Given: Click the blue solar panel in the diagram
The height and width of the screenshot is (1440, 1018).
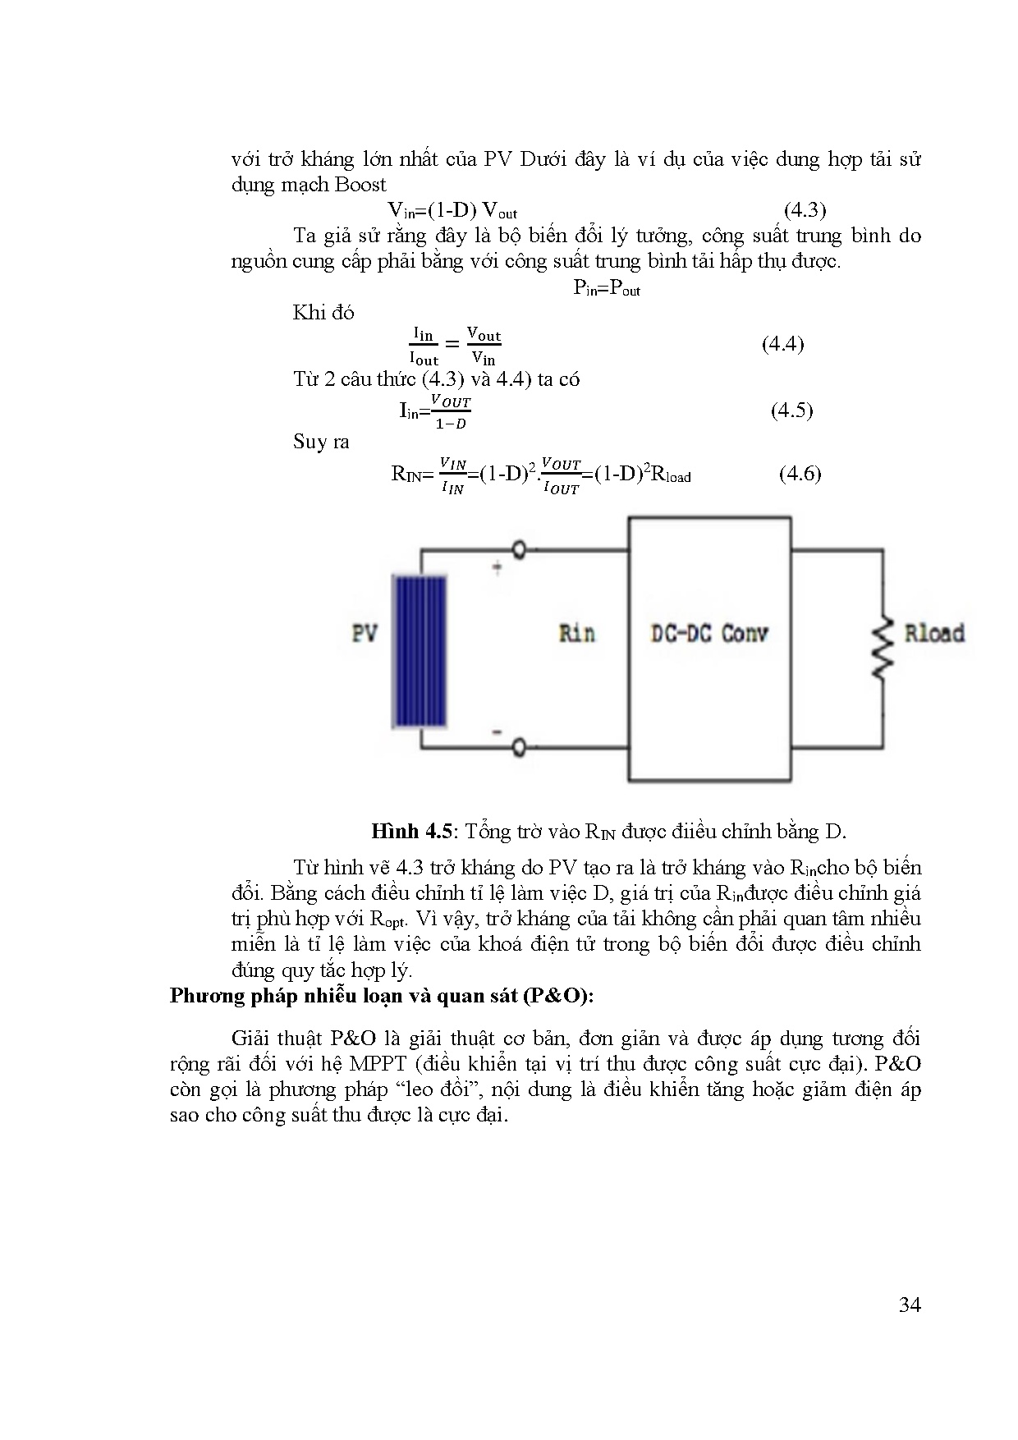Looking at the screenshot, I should pos(420,651).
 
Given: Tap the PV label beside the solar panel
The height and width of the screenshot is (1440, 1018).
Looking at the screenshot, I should pos(365,634).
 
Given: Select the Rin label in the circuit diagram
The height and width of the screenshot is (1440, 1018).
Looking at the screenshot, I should pos(576,633).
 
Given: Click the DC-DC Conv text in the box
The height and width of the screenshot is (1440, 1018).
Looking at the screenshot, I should pos(708,633).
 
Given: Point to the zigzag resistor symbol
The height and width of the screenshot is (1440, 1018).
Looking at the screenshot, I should pos(883,648).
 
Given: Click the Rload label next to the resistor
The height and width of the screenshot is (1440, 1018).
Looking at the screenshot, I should pos(933,633).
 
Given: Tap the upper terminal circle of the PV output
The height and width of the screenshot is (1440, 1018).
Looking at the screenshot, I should pos(519,549).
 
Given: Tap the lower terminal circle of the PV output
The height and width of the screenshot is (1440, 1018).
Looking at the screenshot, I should pos(519,746).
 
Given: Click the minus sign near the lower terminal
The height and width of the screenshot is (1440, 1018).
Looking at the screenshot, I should pos(497,730).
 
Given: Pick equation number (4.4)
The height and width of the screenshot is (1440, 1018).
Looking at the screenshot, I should pos(782,344).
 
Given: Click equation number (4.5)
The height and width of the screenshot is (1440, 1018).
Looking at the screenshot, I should pos(791,410).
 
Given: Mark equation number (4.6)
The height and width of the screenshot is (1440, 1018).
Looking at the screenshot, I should pos(800,473).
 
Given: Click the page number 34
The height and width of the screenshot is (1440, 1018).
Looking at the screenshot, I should pos(910,1305).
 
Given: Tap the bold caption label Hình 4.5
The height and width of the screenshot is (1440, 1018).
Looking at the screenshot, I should pos(411,831).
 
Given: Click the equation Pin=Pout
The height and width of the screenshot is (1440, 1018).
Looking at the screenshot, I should pos(606,288).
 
